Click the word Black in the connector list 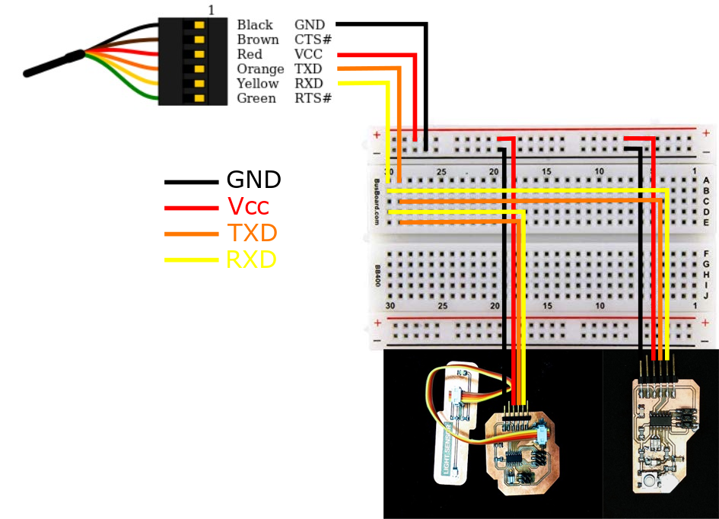pyautogui.click(x=255, y=25)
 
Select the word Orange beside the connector pyautogui.click(x=260, y=69)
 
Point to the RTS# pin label pyautogui.click(x=313, y=98)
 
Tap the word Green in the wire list pyautogui.click(x=256, y=98)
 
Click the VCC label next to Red pyautogui.click(x=308, y=55)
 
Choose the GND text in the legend pyautogui.click(x=254, y=180)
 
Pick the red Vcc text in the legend pyautogui.click(x=248, y=206)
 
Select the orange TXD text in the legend pyautogui.click(x=252, y=233)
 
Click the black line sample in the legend pyautogui.click(x=191, y=182)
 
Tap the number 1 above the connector pyautogui.click(x=211, y=10)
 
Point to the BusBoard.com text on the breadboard pyautogui.click(x=377, y=202)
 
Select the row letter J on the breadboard pyautogui.click(x=706, y=295)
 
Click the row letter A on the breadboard pyautogui.click(x=706, y=180)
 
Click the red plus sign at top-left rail pyautogui.click(x=377, y=135)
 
